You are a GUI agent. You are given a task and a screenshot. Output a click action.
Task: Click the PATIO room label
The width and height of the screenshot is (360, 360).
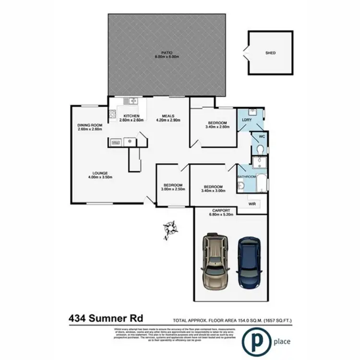(x=167, y=52)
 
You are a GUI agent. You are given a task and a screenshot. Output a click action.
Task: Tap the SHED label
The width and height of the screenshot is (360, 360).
(x=271, y=53)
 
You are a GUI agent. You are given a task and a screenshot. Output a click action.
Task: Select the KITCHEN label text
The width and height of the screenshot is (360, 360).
(x=132, y=116)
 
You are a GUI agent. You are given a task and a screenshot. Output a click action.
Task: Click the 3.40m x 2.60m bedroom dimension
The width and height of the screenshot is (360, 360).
(x=214, y=127)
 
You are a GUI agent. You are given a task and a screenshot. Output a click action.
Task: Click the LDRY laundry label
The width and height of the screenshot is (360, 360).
(x=247, y=119)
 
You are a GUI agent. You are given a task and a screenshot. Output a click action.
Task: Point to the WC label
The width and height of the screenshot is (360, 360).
(x=262, y=137)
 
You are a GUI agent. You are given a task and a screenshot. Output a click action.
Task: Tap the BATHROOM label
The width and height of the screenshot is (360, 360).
(x=246, y=177)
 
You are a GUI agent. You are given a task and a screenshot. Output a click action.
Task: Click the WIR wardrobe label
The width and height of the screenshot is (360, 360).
(x=252, y=204)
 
